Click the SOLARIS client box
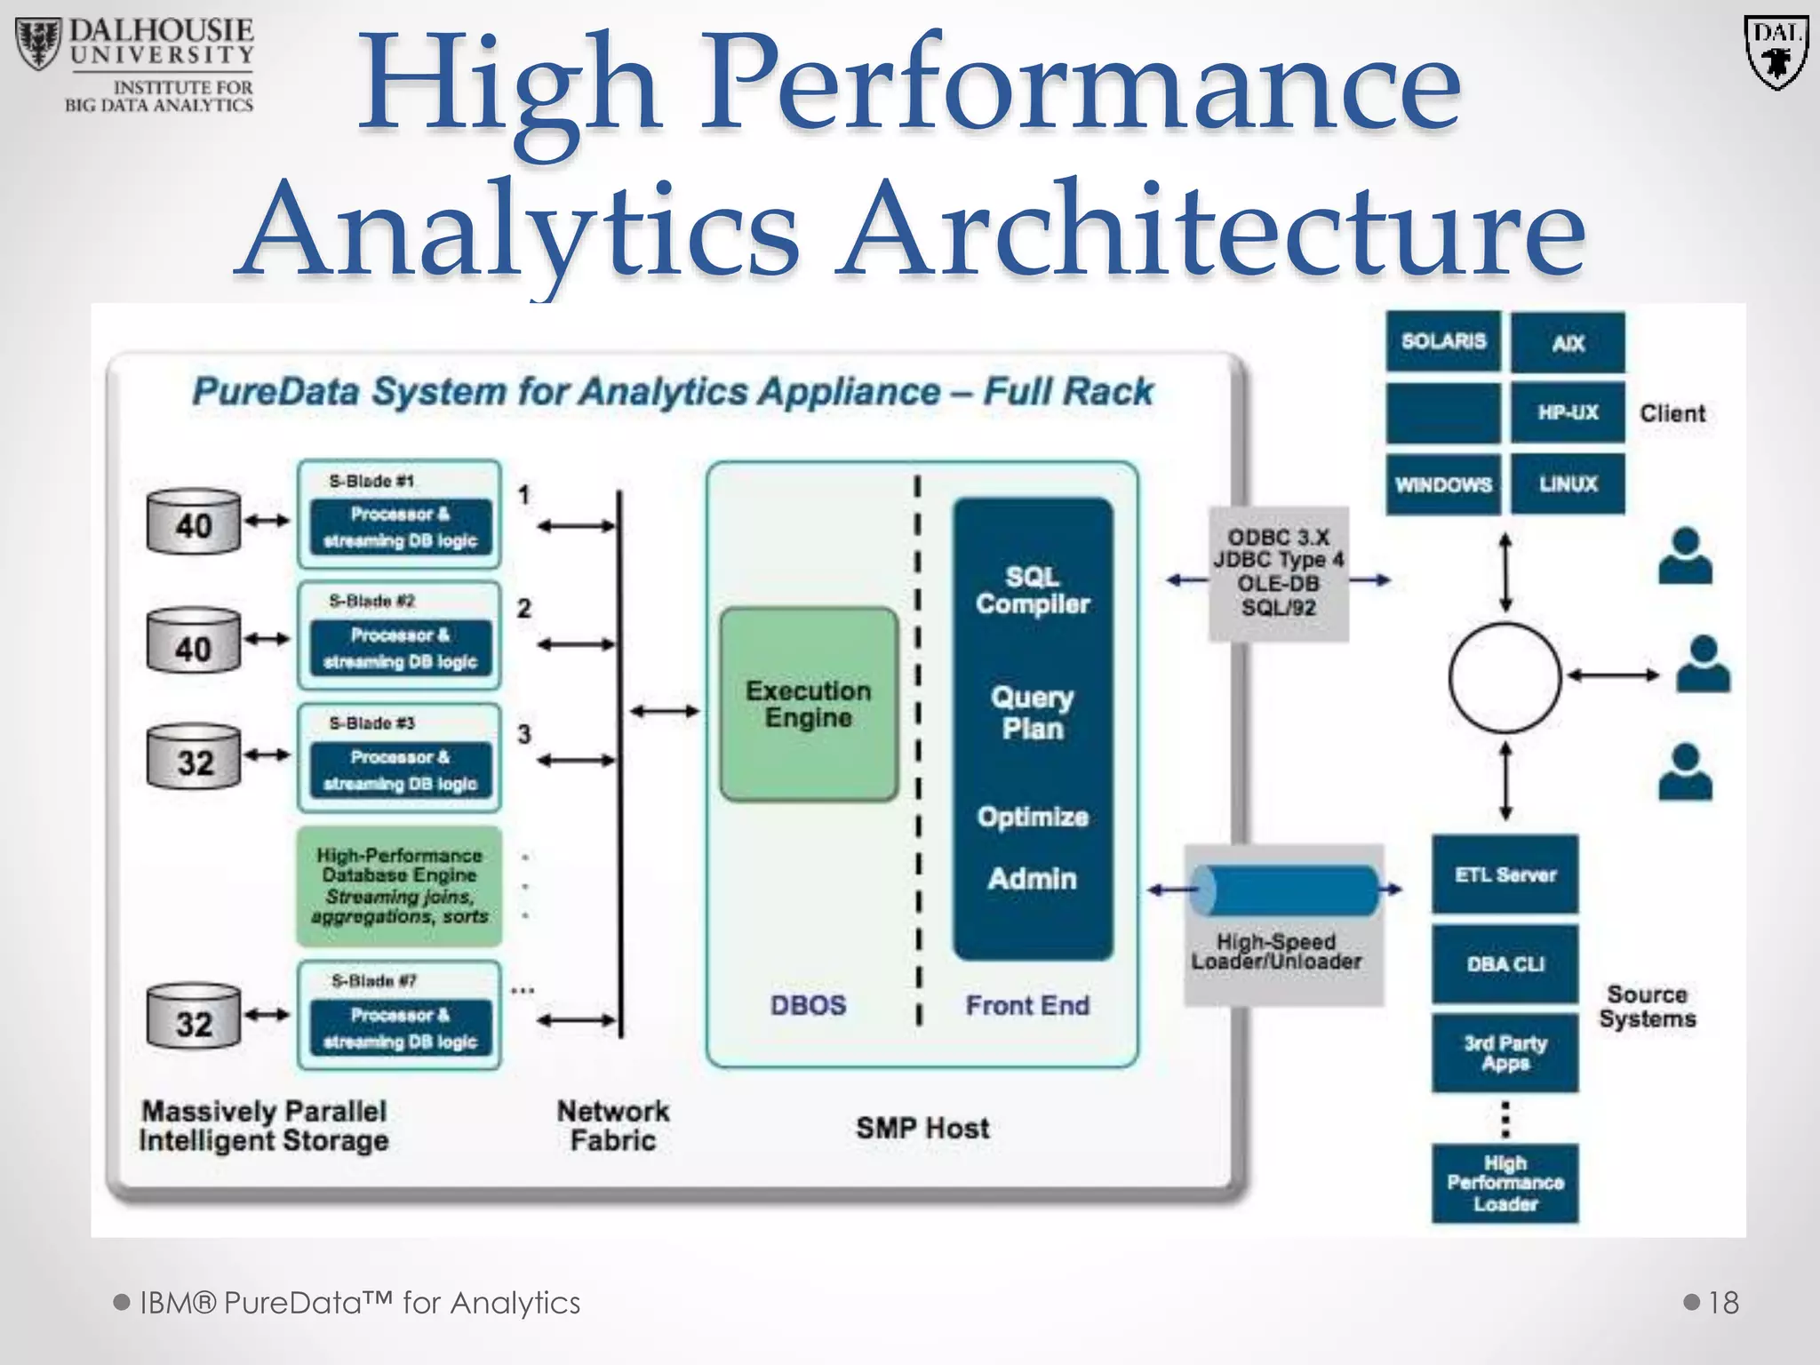point(1443,341)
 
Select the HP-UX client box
point(1568,412)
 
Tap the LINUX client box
point(1568,484)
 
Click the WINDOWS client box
point(1443,484)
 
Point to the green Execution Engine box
point(809,705)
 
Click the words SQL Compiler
point(1032,591)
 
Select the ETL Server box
point(1505,874)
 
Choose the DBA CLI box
point(1505,964)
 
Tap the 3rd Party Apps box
point(1505,1053)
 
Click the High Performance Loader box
point(1505,1184)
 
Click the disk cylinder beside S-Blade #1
point(194,523)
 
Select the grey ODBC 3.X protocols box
point(1278,574)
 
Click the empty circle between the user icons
point(1505,677)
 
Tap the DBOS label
point(808,1005)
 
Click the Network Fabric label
point(612,1125)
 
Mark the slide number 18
point(1722,1303)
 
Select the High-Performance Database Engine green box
point(400,886)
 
